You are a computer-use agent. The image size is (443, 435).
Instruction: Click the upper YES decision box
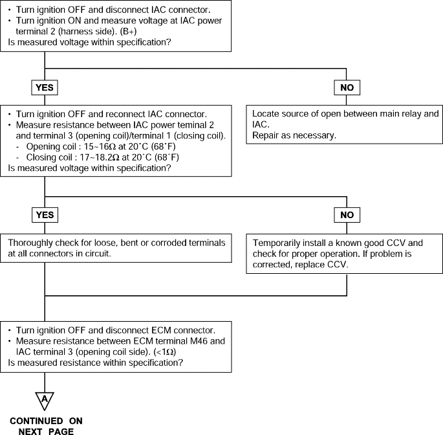(x=45, y=87)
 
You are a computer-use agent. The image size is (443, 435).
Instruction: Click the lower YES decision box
(x=45, y=215)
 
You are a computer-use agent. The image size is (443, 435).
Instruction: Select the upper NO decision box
(x=347, y=87)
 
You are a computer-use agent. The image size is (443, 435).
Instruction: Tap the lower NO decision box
(x=347, y=215)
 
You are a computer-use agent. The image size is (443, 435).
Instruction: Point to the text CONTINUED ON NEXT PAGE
(x=46, y=426)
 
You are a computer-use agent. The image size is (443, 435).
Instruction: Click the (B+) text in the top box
(x=128, y=31)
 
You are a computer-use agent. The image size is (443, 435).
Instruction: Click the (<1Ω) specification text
(x=165, y=352)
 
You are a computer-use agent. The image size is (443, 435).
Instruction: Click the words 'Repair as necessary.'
(x=294, y=135)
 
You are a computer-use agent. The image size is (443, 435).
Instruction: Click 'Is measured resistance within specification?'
(x=96, y=362)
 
